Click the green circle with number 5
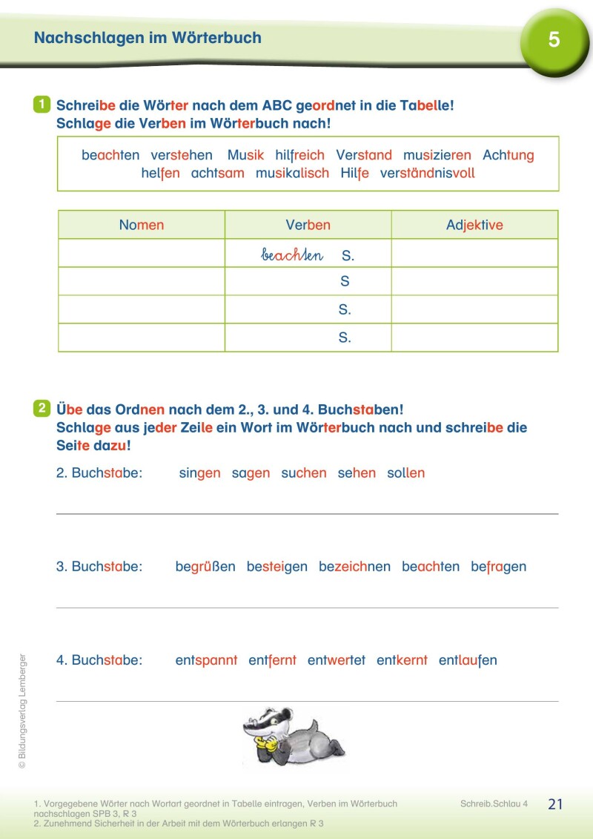coord(554,40)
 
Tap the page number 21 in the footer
coord(555,804)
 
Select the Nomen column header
coord(142,225)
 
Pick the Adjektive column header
coord(474,225)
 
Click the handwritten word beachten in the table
coord(292,255)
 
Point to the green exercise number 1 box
coord(42,105)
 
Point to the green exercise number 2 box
coord(42,408)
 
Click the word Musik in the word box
coord(245,156)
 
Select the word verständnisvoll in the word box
coord(427,174)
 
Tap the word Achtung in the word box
coord(508,156)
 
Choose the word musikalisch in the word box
coord(292,174)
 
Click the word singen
coord(199,473)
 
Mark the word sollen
coord(405,473)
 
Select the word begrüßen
coord(205,567)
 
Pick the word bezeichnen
coord(354,567)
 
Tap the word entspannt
coord(206,660)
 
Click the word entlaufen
coord(468,660)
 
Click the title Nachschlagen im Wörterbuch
coord(148,38)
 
